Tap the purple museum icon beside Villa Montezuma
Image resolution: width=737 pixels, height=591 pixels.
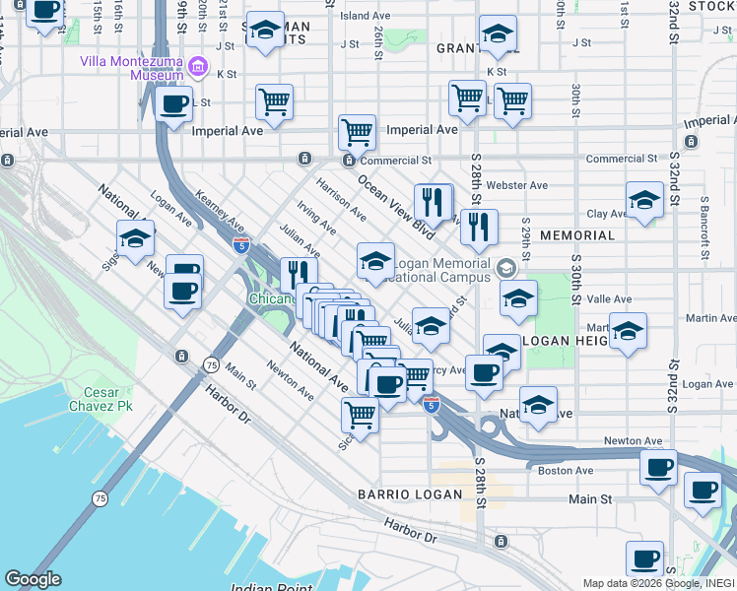coord(198,67)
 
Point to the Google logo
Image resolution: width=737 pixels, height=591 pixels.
coord(33,579)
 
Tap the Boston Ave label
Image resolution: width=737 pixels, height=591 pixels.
coord(566,471)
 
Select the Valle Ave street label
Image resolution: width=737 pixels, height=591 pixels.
coord(610,298)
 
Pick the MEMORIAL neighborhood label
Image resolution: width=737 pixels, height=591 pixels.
coord(577,236)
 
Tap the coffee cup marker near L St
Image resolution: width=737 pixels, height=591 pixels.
coord(173,103)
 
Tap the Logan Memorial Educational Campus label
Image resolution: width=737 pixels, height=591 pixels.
coord(441,271)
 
